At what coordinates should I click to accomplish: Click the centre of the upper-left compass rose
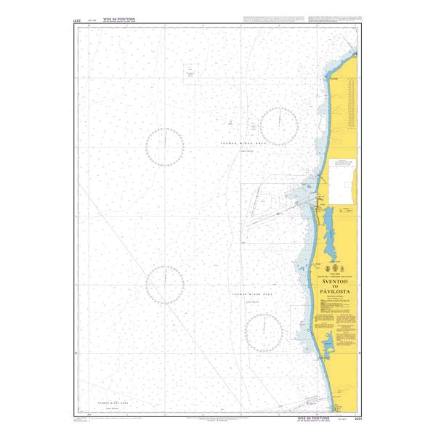coord(165,144)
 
